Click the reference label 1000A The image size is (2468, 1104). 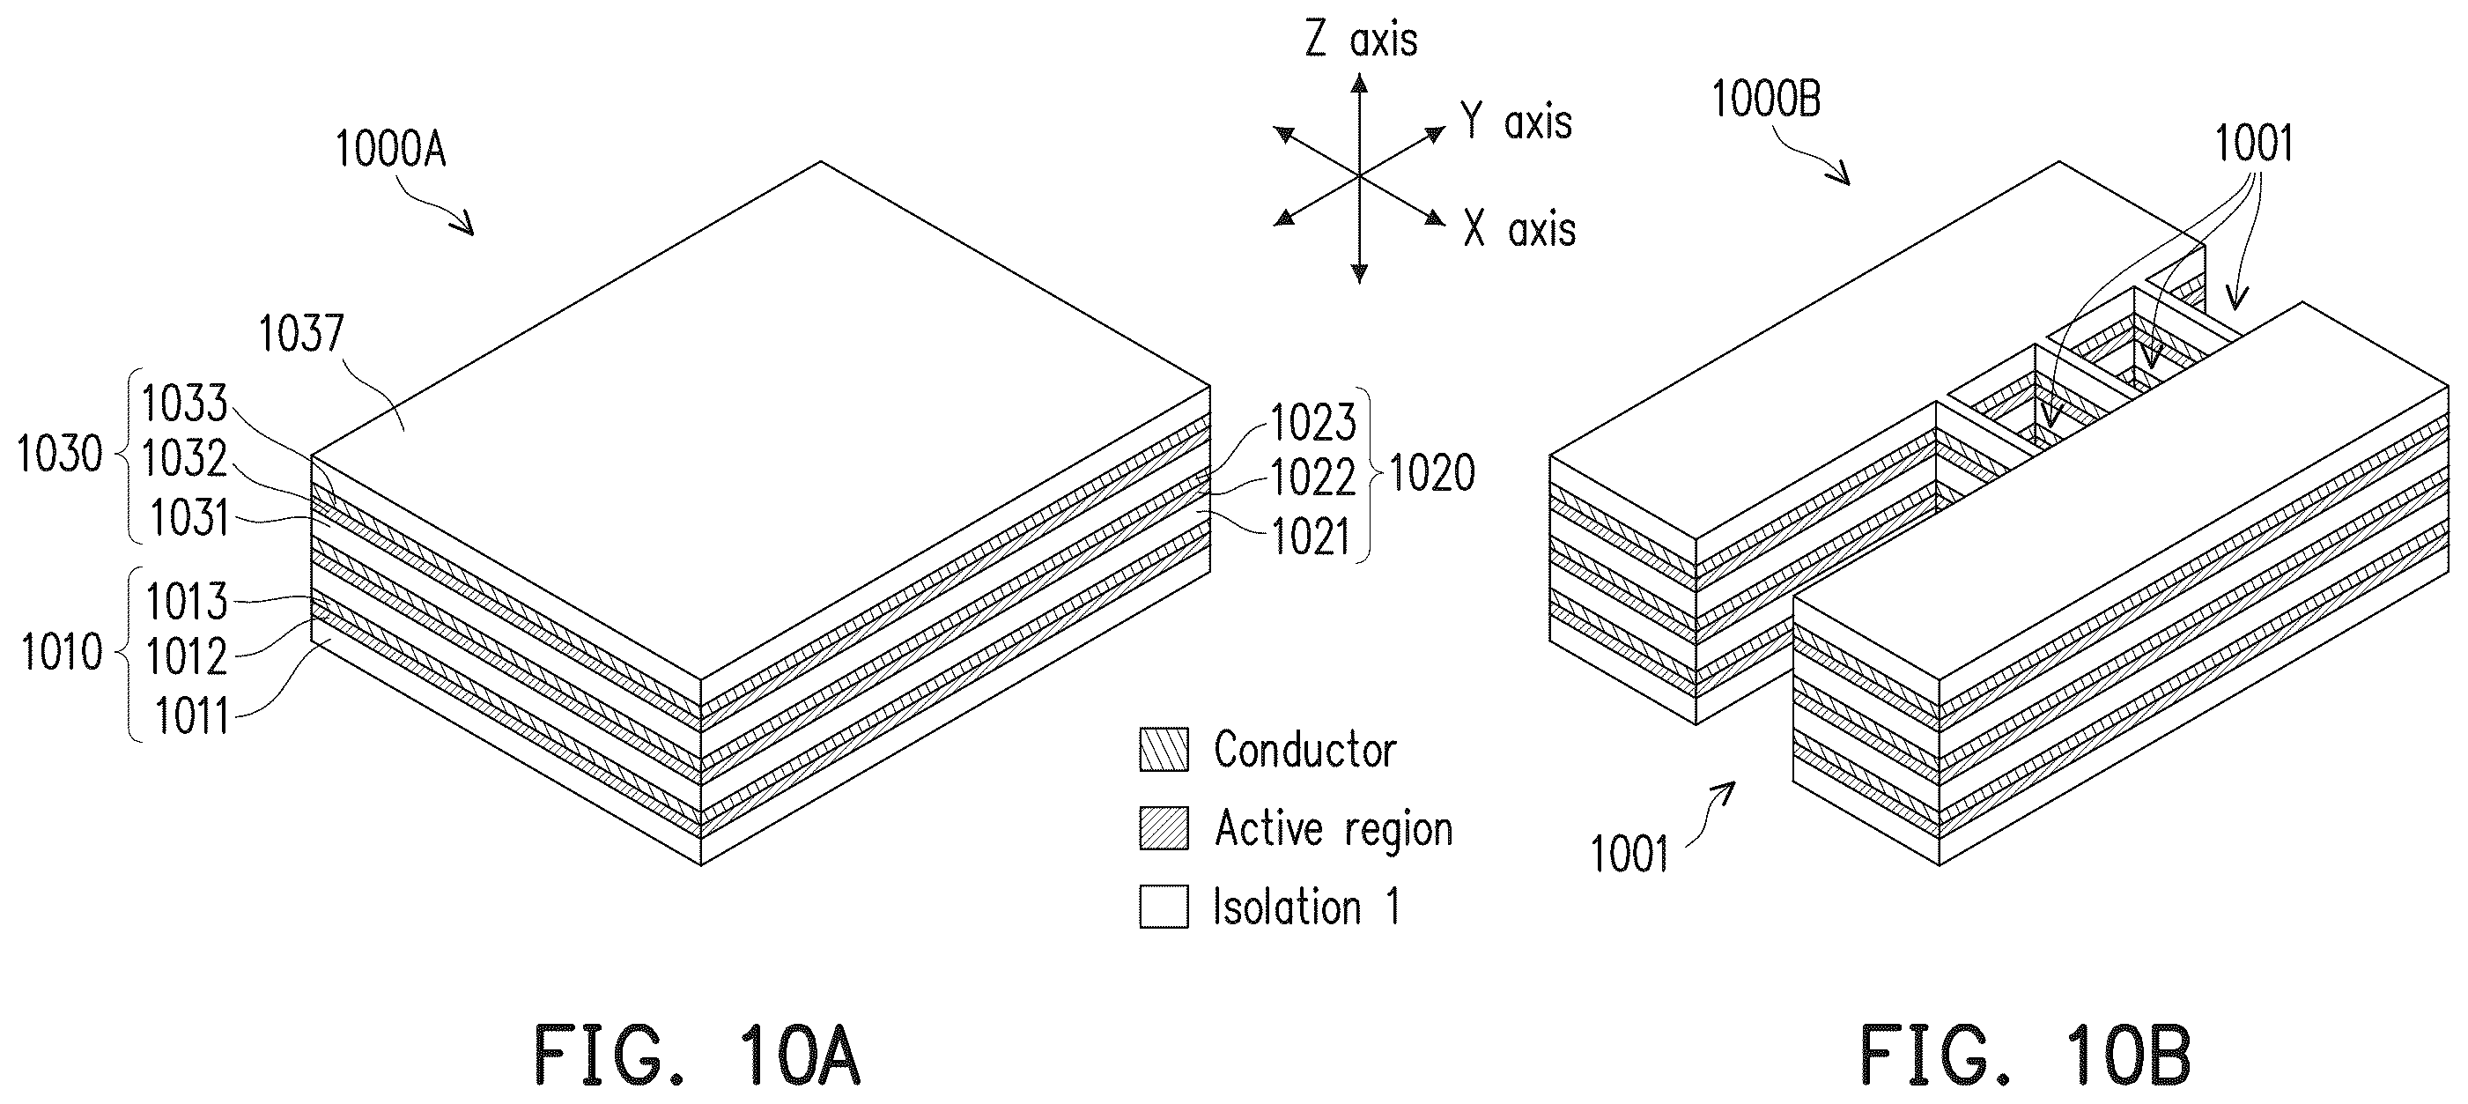click(x=390, y=150)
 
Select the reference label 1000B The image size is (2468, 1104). click(x=1766, y=99)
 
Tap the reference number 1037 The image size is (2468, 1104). click(x=301, y=334)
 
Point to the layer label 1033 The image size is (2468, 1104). click(x=185, y=404)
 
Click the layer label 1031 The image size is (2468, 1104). click(x=189, y=518)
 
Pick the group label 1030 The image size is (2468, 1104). click(x=59, y=455)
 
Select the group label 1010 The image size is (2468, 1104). click(x=62, y=653)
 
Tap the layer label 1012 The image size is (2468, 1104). click(x=187, y=657)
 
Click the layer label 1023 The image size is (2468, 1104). click(x=1313, y=423)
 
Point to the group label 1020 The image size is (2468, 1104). click(x=1432, y=473)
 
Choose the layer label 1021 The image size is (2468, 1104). click(x=1311, y=537)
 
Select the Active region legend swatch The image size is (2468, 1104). click(x=1164, y=828)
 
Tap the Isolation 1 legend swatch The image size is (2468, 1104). click(x=1164, y=907)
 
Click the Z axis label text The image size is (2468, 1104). click(x=1362, y=41)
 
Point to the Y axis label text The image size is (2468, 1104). click(x=1517, y=122)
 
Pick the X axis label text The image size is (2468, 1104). click(x=1519, y=230)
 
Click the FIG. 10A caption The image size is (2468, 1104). click(x=698, y=1056)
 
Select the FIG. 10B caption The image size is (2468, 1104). click(x=2024, y=1056)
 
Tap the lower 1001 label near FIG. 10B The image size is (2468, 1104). click(x=1629, y=854)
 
